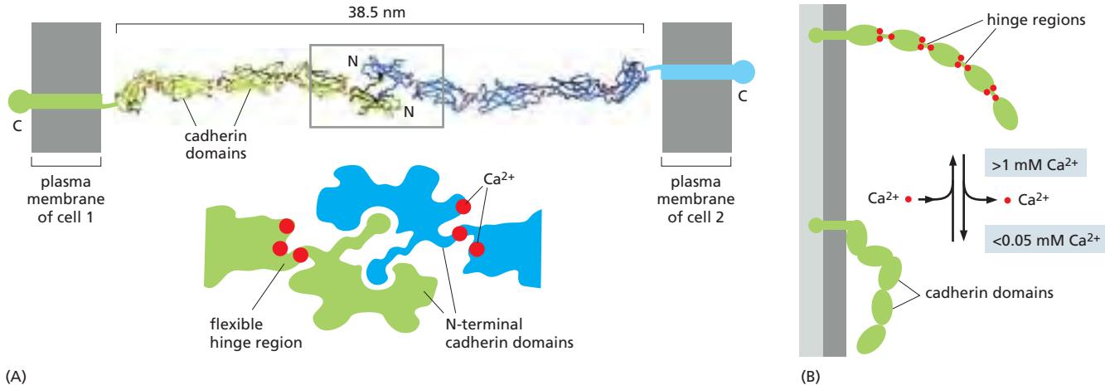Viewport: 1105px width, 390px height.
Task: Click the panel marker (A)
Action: tap(14, 376)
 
